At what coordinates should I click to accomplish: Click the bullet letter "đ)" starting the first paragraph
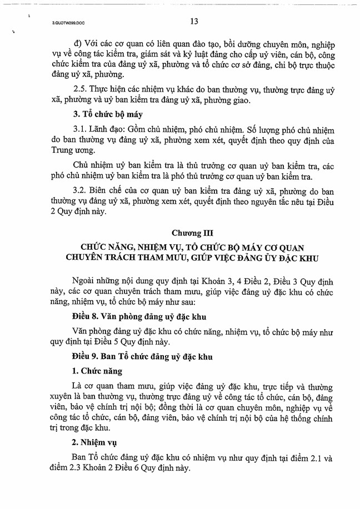pos(78,43)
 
